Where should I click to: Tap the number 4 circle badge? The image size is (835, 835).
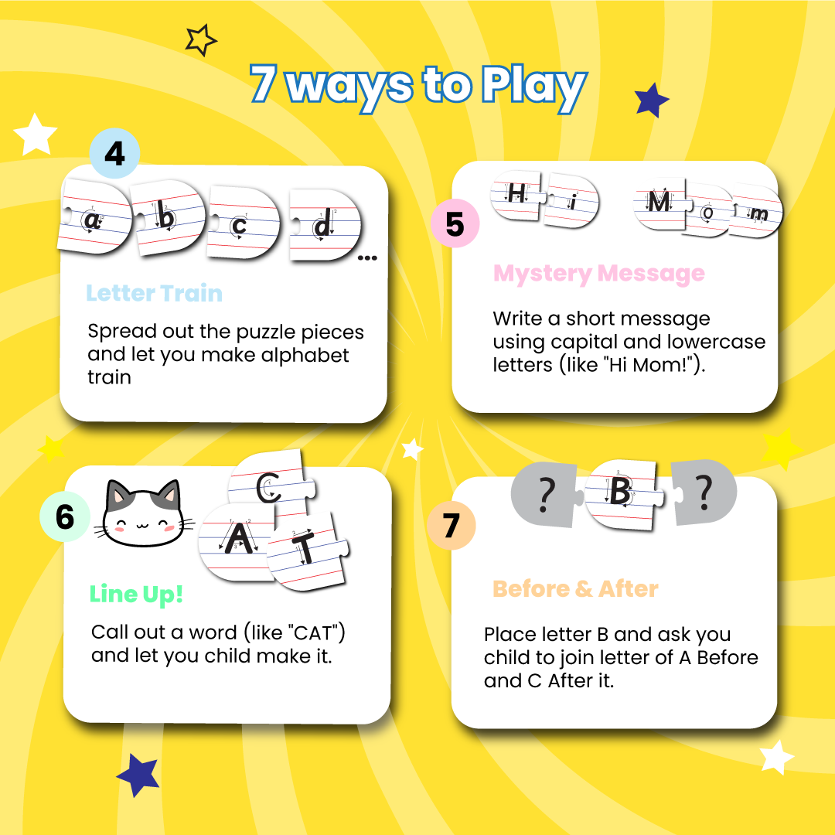(114, 154)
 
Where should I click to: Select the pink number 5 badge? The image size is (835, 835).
(455, 224)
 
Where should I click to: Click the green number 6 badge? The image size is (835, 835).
(65, 516)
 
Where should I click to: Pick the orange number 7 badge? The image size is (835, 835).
(451, 526)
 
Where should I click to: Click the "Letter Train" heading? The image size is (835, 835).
(154, 294)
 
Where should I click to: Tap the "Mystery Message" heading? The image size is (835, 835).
(599, 274)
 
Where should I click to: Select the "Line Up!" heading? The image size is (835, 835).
(137, 594)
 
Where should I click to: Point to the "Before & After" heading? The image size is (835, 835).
(575, 589)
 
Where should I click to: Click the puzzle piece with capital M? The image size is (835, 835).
(659, 203)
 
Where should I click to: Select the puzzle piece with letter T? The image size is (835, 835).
(307, 550)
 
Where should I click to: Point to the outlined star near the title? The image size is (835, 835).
(201, 40)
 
